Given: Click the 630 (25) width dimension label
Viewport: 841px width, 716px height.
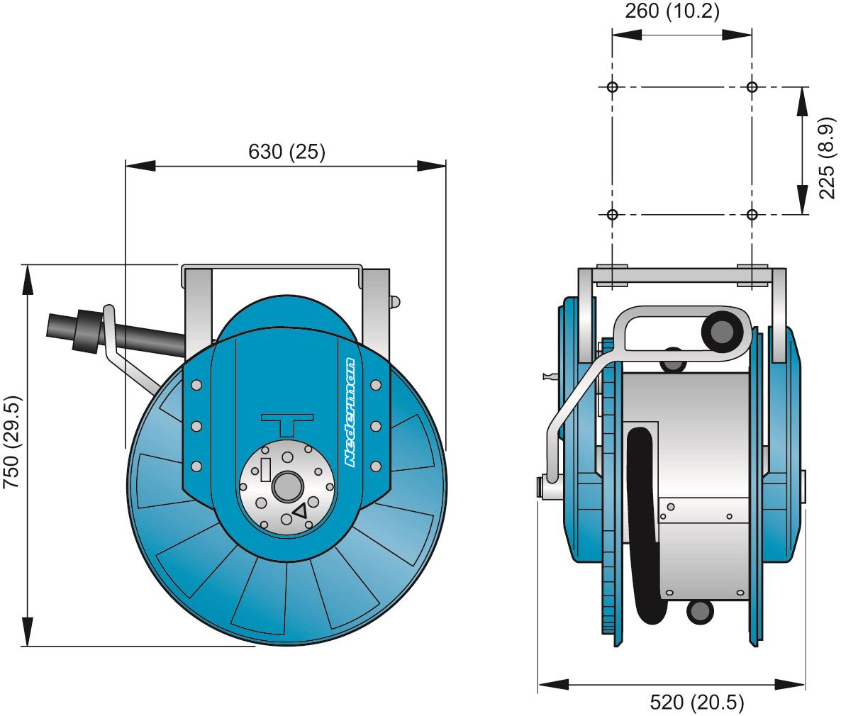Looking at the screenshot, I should pos(286,152).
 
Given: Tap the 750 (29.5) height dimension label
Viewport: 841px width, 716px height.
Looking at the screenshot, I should pos(13,442).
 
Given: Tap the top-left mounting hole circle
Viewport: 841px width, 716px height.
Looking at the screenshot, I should pos(613,87).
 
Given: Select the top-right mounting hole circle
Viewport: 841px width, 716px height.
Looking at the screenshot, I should pos(752,87).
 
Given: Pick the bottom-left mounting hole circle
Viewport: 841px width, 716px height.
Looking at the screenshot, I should pos(613,214).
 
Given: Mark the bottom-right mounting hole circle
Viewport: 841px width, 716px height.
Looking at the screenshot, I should pos(752,214).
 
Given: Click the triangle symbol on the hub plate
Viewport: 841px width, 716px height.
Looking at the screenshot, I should pos(300,510).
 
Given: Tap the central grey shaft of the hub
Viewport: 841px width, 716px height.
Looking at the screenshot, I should pos(286,486).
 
